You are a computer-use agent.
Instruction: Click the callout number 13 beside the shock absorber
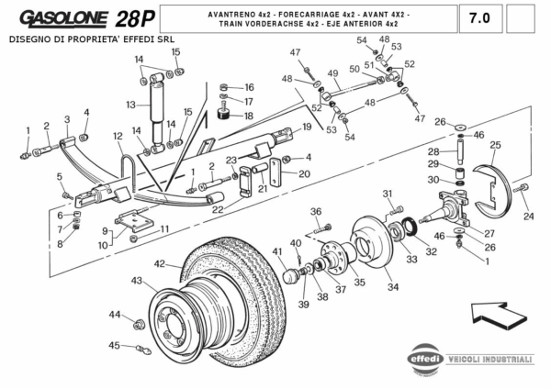coord(131,105)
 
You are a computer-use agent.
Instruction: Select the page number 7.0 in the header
coord(478,17)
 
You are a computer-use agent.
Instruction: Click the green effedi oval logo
coord(426,359)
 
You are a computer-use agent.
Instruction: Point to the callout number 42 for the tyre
coord(160,264)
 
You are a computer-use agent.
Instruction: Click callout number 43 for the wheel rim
coord(137,280)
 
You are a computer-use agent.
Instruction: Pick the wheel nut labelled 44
coord(139,324)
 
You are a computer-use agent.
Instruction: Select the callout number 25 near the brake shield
coord(495,145)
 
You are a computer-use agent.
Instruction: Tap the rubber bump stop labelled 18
coord(222,116)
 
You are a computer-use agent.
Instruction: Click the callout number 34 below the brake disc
coord(393,287)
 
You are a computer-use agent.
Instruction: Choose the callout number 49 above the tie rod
coord(332,73)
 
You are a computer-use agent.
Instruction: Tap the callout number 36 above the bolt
coord(316,212)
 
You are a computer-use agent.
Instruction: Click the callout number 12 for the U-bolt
coord(118,137)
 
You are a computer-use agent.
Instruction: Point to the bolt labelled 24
coord(523,189)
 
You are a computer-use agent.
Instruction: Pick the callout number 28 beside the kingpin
coord(433,150)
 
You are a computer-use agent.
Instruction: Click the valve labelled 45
coord(141,349)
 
